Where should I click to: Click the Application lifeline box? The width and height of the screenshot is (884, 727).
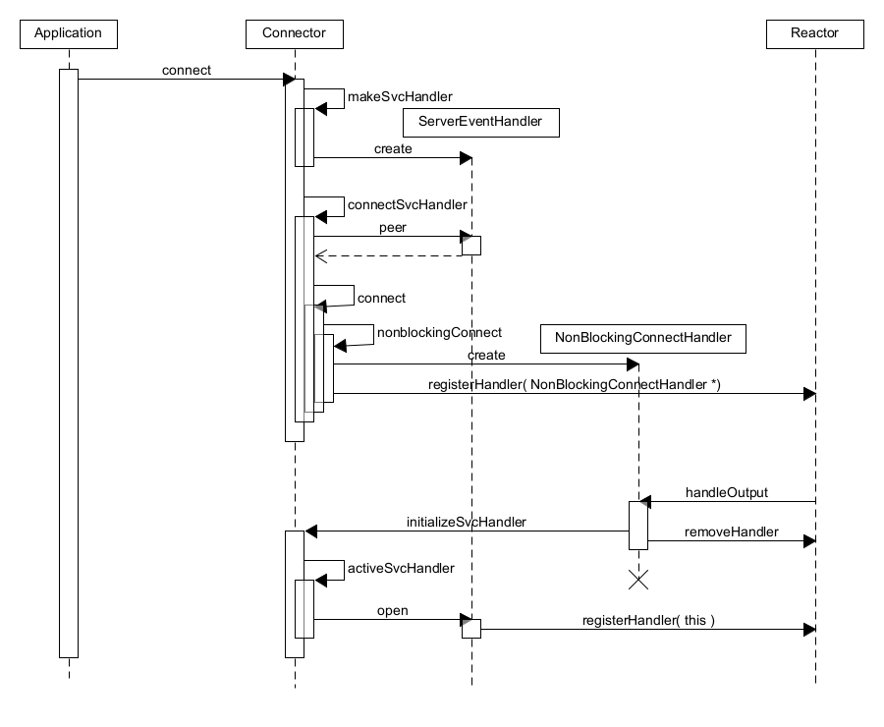(68, 33)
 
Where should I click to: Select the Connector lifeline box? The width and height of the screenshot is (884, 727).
(294, 33)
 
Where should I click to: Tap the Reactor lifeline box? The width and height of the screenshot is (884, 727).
(814, 33)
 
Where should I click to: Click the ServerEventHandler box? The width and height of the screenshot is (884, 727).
(480, 122)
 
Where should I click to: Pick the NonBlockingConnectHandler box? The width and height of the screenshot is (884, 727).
(642, 338)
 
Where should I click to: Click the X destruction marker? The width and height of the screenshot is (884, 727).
(638, 580)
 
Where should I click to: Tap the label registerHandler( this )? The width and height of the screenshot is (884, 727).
(648, 621)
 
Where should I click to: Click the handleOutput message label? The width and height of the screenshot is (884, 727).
(727, 492)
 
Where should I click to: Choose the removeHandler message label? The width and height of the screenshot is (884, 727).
(732, 531)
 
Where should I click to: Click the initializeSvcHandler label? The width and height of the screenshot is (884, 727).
(467, 522)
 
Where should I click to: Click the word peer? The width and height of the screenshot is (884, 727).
(393, 227)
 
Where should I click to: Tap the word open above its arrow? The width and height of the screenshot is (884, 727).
(392, 611)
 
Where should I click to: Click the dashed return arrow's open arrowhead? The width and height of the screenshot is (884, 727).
(319, 255)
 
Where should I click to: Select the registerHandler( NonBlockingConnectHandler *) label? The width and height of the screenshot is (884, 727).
(574, 384)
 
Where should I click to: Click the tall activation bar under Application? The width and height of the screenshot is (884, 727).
(68, 363)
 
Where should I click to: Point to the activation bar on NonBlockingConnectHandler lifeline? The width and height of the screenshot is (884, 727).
(638, 525)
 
